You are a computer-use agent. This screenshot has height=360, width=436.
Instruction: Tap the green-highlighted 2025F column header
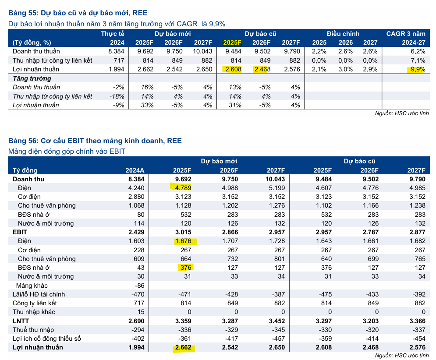232,42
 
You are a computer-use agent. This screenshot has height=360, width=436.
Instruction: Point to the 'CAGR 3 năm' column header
405,34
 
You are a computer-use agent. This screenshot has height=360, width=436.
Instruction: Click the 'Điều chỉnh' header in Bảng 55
343,34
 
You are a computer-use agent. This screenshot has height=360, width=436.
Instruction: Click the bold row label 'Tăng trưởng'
32,78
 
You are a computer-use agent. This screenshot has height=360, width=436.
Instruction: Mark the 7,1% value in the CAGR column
418,60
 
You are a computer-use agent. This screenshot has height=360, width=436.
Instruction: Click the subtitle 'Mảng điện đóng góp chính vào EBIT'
67,152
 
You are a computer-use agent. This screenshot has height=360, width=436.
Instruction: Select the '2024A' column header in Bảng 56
134,170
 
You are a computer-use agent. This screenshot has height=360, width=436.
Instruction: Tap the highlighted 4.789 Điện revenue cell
182,188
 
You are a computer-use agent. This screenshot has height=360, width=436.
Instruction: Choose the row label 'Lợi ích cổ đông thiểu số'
47,339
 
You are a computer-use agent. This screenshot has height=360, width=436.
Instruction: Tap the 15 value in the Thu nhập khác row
141,312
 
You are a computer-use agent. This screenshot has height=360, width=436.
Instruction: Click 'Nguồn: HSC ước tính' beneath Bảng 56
402,356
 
